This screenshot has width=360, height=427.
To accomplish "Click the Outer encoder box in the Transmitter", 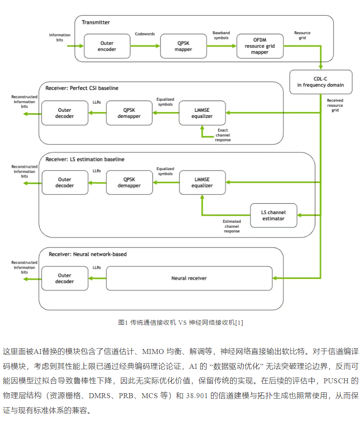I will point(107,46).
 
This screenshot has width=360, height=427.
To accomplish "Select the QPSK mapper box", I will point(183,46).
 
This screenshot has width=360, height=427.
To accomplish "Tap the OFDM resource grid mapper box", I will point(260,46).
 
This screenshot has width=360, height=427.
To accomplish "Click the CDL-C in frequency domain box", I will point(321,82).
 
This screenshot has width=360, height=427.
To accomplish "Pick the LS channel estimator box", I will point(273,215).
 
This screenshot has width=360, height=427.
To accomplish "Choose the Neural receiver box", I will point(189,278).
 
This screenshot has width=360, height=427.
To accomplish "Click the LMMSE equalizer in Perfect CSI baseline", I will point(202,113).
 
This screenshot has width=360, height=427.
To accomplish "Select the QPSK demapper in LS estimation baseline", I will point(129,182).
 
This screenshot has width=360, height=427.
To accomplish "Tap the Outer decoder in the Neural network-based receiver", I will point(65,278).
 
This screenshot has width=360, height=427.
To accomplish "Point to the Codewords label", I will point(145,34).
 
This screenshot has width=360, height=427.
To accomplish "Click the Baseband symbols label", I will point(221,35).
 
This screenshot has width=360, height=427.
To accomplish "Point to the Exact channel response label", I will point(223,135).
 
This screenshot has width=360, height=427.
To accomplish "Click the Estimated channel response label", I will point(232,226).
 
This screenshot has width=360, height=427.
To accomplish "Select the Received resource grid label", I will point(335,105).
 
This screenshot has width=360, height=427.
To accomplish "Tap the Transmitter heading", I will point(96,22).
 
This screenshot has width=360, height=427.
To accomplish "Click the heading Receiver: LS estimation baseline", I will point(85,159).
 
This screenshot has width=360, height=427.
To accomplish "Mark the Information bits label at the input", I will point(60,38).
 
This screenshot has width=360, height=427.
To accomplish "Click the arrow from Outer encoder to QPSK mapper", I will point(145,46).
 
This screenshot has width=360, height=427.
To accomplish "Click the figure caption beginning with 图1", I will point(180,322).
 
